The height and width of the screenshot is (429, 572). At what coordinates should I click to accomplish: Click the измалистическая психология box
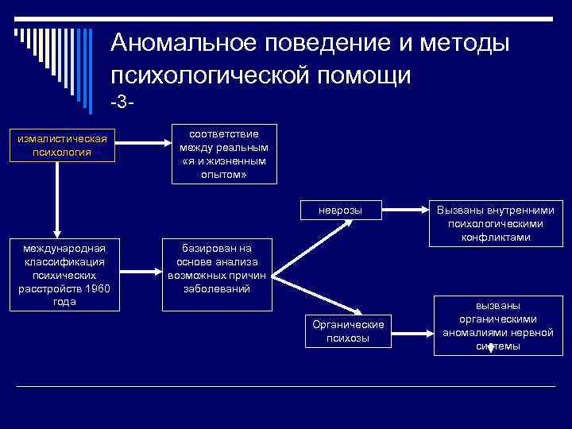[62, 145]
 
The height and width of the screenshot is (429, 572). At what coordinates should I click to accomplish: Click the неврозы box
[340, 211]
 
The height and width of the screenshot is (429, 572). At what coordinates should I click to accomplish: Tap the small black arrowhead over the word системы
[489, 348]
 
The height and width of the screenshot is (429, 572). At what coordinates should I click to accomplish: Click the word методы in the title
[469, 44]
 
